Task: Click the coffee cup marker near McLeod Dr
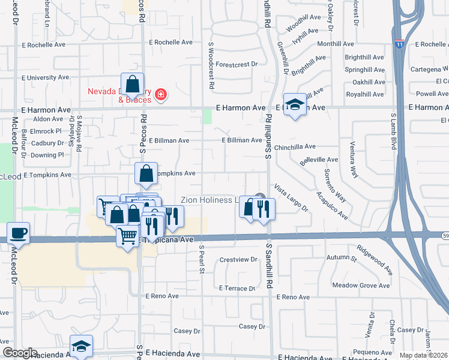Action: [x=18, y=233]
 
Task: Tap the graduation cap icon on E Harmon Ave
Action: [x=295, y=106]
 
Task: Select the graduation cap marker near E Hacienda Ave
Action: [x=81, y=346]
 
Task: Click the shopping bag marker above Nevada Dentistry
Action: [x=132, y=85]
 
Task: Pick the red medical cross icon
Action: [x=160, y=94]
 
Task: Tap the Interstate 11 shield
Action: [x=399, y=43]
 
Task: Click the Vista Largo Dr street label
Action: [x=291, y=199]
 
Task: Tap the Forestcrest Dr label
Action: [x=237, y=64]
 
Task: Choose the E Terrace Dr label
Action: [x=238, y=289]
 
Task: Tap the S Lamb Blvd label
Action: [x=393, y=131]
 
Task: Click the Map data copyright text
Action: [x=424, y=355]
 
